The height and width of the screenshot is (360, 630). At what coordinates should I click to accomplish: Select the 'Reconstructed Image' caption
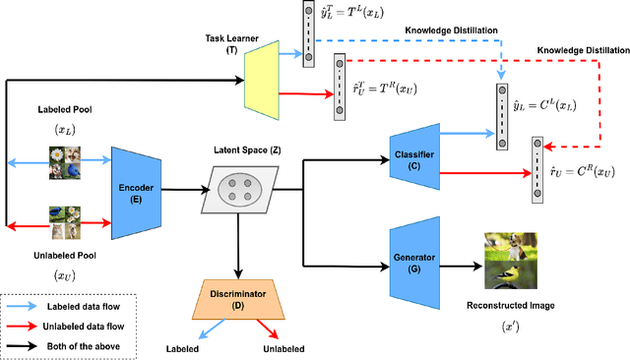tap(510, 305)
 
